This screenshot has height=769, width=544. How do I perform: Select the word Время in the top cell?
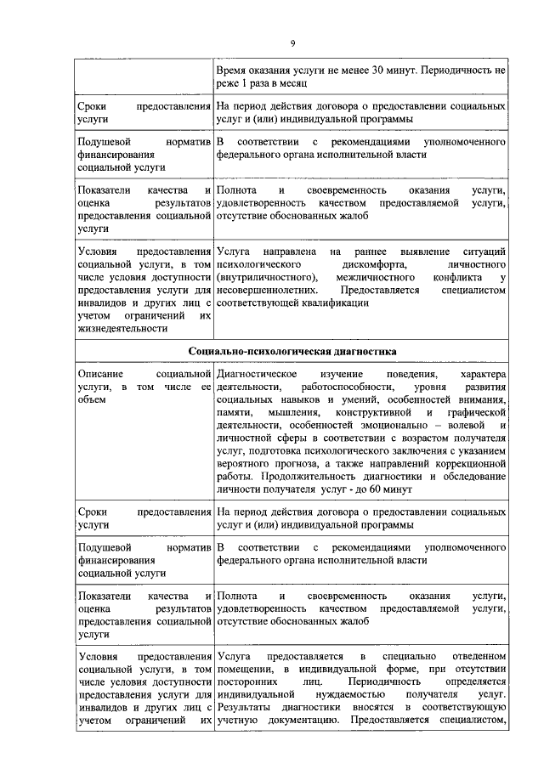[233, 71]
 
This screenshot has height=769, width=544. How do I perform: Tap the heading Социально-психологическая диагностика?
[292, 350]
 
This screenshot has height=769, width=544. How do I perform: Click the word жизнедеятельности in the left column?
[118, 329]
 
